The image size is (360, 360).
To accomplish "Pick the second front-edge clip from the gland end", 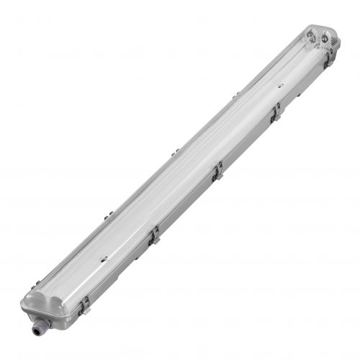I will click(x=153, y=236).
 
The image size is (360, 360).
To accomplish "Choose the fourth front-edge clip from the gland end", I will click(x=275, y=114).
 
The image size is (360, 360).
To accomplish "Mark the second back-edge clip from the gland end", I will click(x=108, y=215).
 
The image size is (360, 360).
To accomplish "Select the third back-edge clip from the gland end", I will click(x=174, y=152).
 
